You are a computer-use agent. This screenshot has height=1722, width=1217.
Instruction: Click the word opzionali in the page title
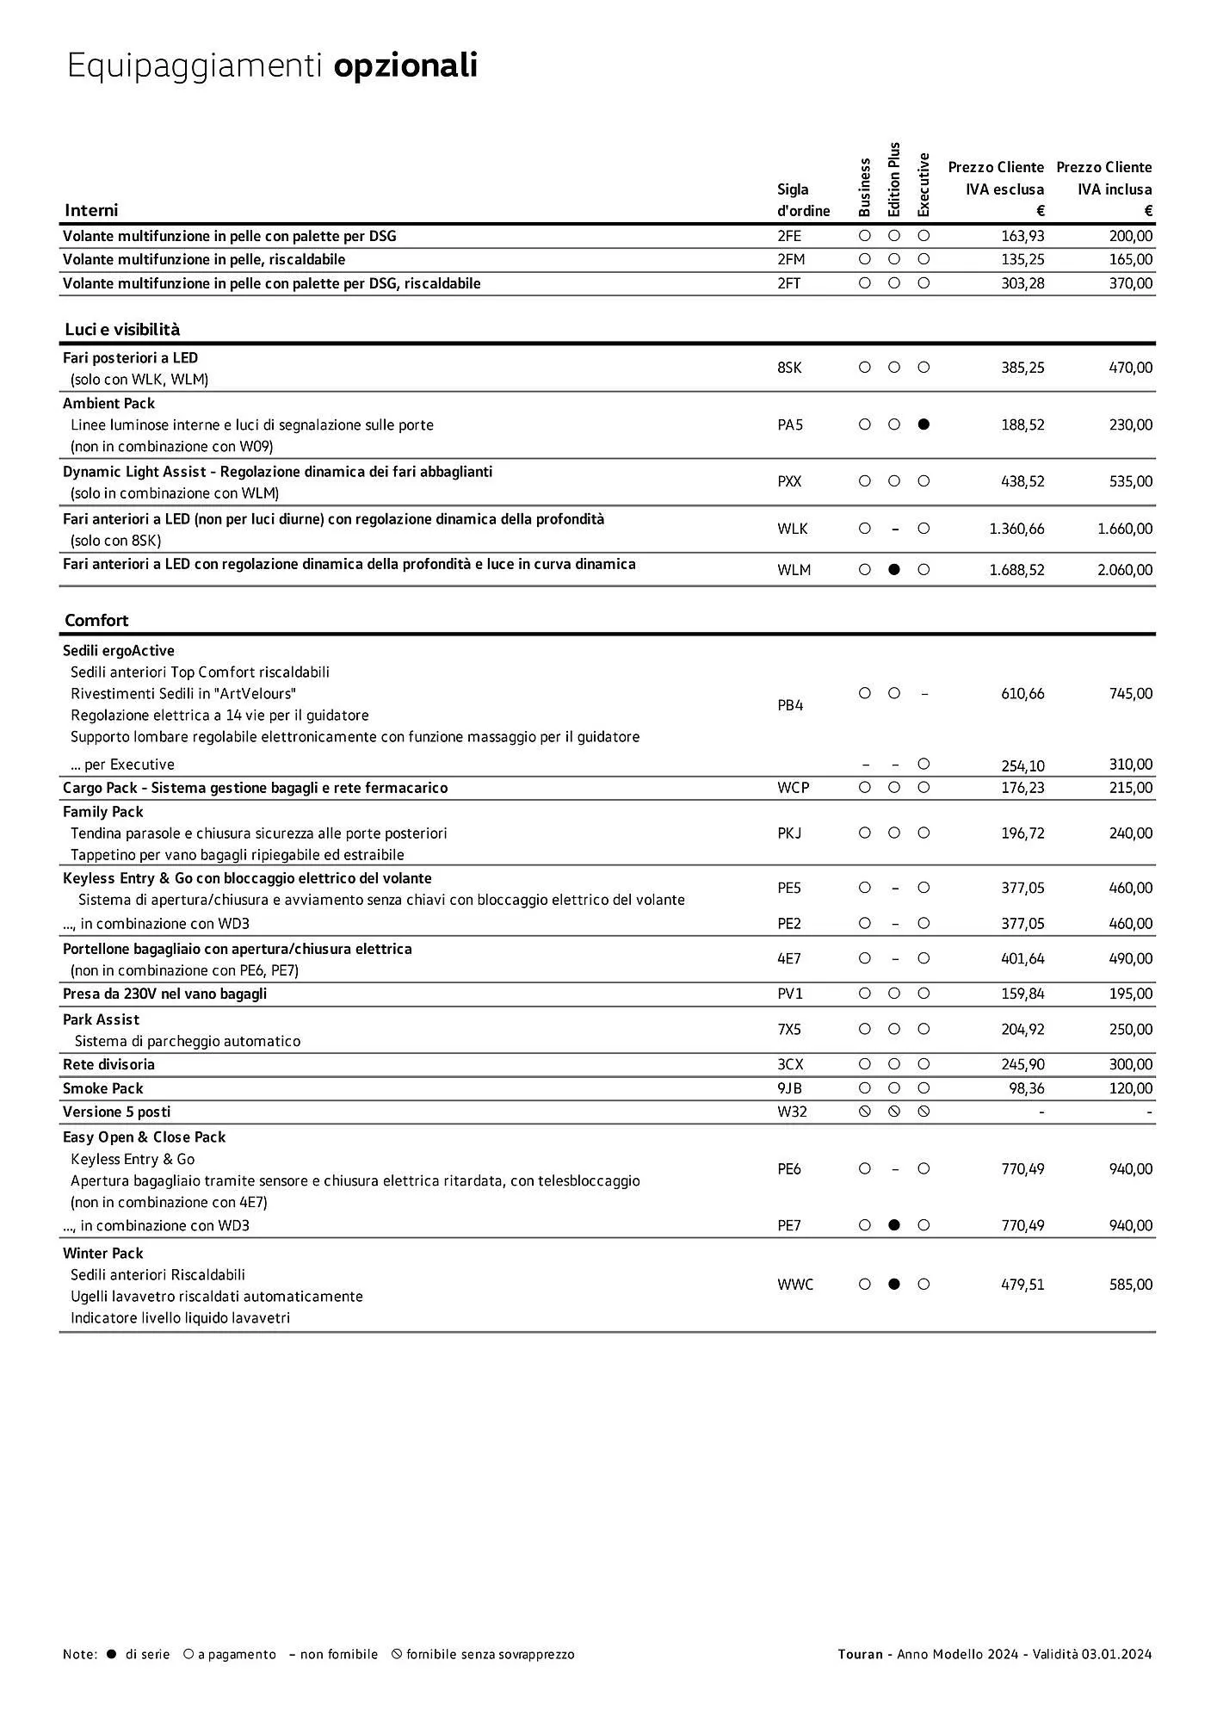[x=405, y=66]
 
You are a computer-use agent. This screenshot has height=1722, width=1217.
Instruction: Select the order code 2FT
[x=788, y=283]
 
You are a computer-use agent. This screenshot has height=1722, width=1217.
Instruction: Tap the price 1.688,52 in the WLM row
[x=1016, y=569]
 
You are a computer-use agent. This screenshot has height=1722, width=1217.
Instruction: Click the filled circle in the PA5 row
[x=924, y=424]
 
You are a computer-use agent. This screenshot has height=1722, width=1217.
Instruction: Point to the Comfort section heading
[x=96, y=620]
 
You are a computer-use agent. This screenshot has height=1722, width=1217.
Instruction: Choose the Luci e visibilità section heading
[x=122, y=329]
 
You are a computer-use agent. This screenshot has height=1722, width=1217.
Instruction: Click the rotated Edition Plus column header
[x=894, y=180]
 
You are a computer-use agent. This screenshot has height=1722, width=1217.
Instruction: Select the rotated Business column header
[x=865, y=187]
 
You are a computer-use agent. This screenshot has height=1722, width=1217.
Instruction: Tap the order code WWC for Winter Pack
[x=794, y=1284]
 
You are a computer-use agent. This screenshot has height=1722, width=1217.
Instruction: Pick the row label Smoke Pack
[x=102, y=1088]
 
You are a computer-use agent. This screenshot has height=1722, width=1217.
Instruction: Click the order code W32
[x=792, y=1112]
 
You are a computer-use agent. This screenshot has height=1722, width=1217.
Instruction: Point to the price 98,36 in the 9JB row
[x=1026, y=1088]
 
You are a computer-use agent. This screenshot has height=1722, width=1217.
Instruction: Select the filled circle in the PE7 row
[x=894, y=1225]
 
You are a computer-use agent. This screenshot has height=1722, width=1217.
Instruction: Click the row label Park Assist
[x=101, y=1019]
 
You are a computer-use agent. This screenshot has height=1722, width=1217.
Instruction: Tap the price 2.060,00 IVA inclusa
[x=1124, y=569]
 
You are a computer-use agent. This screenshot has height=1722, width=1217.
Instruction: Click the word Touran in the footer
[x=860, y=1654]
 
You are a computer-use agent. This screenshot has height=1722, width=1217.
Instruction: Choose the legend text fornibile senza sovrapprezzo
[x=490, y=1654]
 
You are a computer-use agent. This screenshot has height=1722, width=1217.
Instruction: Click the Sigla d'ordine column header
[x=802, y=200]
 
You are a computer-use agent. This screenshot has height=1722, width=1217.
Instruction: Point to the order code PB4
[x=789, y=705]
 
